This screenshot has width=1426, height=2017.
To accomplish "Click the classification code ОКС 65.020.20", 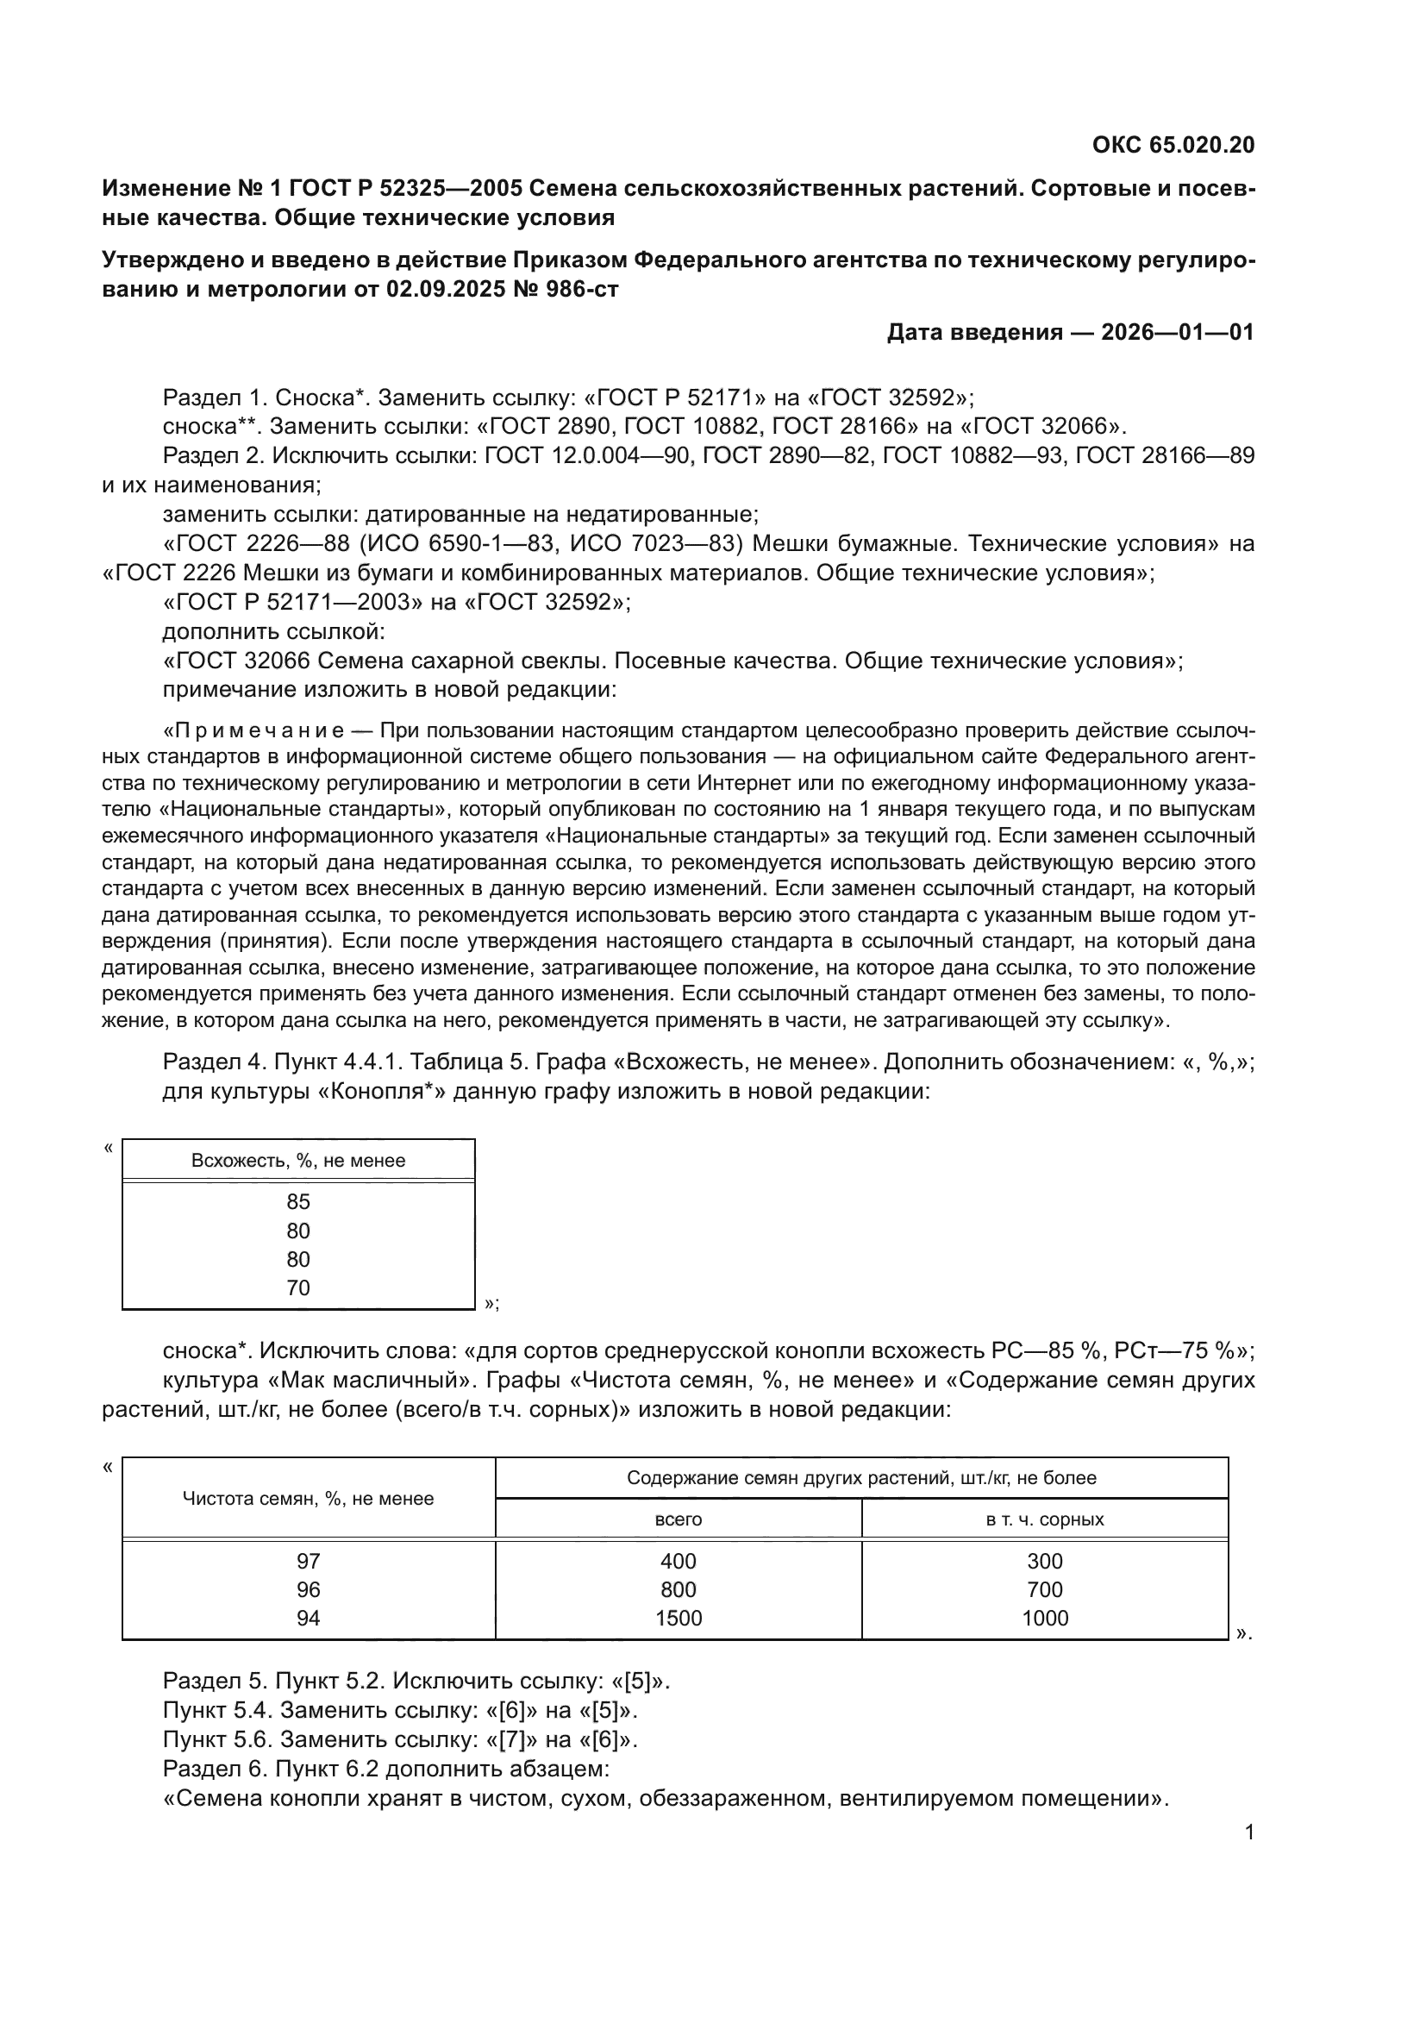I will pyautogui.click(x=1173, y=145).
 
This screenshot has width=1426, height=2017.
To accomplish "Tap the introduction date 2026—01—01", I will pyautogui.click(x=1178, y=332).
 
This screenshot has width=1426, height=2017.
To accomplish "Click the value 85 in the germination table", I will pyautogui.click(x=298, y=1202).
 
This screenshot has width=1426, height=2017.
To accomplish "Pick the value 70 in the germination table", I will pyautogui.click(x=298, y=1287).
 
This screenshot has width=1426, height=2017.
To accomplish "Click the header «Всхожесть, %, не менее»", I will pyautogui.click(x=298, y=1161).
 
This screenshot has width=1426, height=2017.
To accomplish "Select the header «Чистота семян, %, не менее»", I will pyautogui.click(x=308, y=1499).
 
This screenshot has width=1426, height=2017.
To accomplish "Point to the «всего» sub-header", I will pyautogui.click(x=678, y=1519).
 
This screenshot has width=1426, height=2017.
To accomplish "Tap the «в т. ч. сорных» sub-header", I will pyautogui.click(x=1044, y=1519).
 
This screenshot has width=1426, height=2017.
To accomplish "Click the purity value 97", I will pyautogui.click(x=308, y=1561).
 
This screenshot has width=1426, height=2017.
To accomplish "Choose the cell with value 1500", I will pyautogui.click(x=678, y=1618).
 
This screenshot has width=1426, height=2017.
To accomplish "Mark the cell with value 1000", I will pyautogui.click(x=1044, y=1618).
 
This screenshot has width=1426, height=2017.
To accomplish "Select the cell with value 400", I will pyautogui.click(x=678, y=1561).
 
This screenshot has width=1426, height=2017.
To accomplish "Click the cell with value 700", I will pyautogui.click(x=1044, y=1590).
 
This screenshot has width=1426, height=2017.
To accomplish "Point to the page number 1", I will pyautogui.click(x=1249, y=1832).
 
